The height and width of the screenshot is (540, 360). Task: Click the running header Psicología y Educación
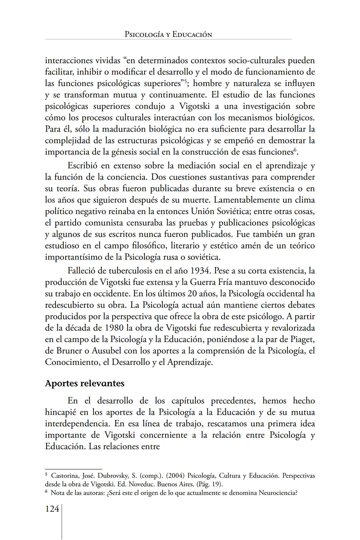click(168, 34)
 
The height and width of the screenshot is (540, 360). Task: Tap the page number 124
click(52, 509)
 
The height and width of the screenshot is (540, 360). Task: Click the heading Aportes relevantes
click(85, 383)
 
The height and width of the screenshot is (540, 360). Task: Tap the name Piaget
click(301, 339)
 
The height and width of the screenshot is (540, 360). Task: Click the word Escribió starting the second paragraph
click(87, 165)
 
